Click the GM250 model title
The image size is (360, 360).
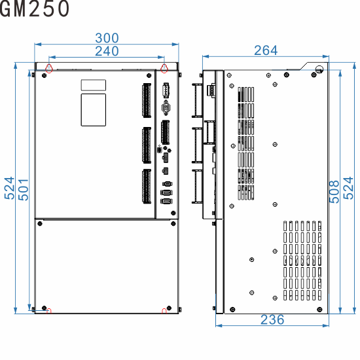pyautogui.click(x=35, y=9)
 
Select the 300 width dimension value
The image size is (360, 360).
pyautogui.click(x=107, y=39)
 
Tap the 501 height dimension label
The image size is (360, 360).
pyautogui.click(x=22, y=189)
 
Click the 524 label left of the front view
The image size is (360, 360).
pyautogui.click(x=9, y=189)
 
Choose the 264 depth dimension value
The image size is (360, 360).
pyautogui.click(x=266, y=50)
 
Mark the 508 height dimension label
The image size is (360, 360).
pyautogui.click(x=334, y=190)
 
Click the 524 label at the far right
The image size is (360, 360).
pyautogui.click(x=350, y=190)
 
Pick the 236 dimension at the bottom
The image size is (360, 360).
pyautogui.click(x=272, y=319)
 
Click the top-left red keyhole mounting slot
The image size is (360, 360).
pyautogui.click(x=49, y=68)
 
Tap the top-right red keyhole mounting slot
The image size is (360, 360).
pyautogui.click(x=164, y=68)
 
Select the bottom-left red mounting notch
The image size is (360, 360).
pyautogui.click(x=48, y=310)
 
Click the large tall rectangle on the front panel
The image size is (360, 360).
pyautogui.click(x=93, y=109)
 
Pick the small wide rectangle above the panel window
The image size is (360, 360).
pyautogui.click(x=93, y=85)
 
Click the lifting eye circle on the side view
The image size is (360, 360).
pyautogui.click(x=319, y=69)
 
